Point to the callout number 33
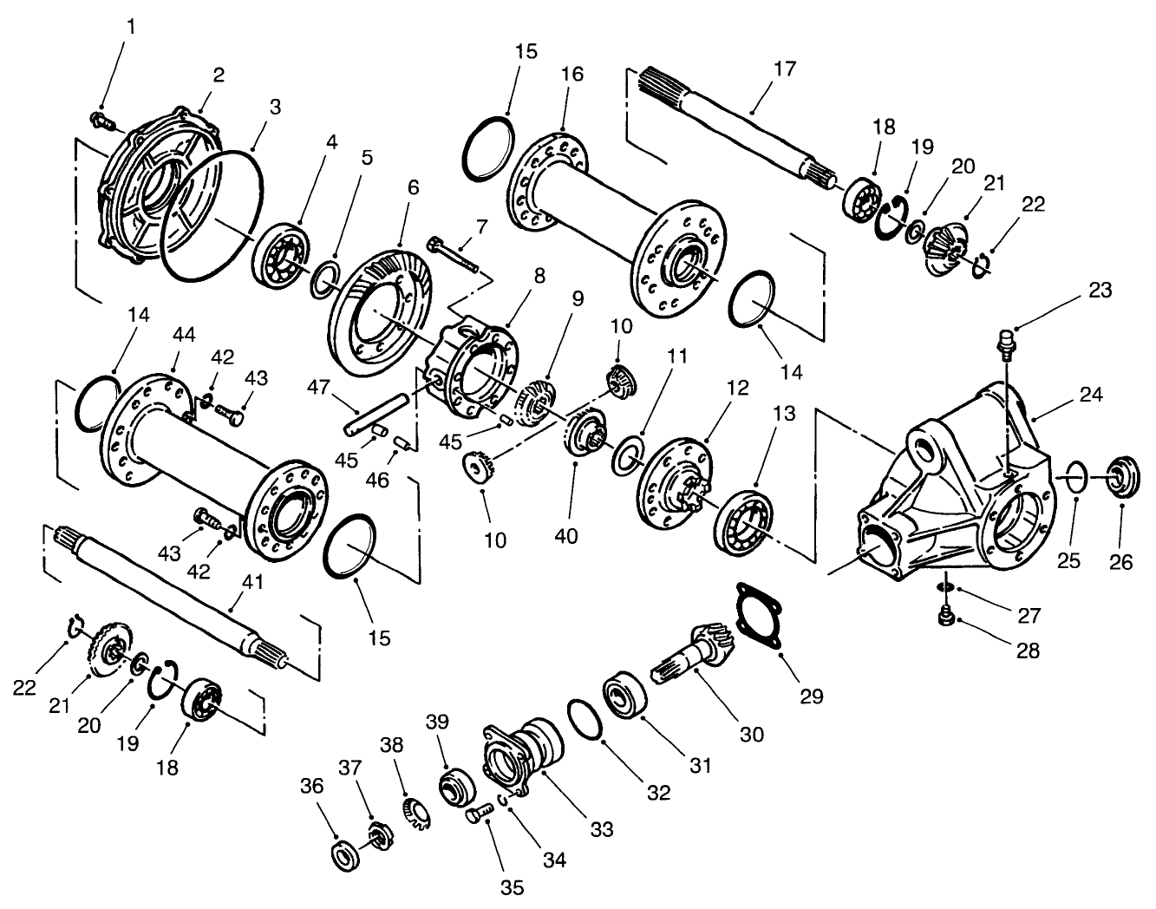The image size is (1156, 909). coord(601,829)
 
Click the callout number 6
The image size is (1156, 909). coord(412,187)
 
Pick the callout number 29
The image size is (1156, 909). coord(812,696)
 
